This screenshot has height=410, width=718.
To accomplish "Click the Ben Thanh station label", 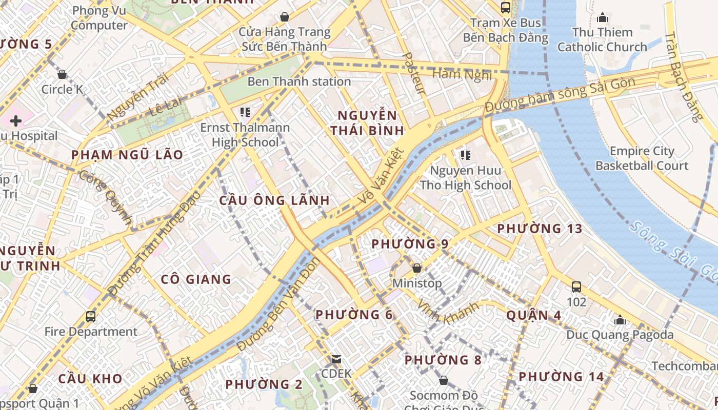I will pos(299,81).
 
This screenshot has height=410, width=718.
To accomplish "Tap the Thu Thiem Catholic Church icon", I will pos(603,18).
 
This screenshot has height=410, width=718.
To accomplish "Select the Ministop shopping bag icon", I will pos(417,268).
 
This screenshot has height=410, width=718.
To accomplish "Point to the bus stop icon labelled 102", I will pos(576,287).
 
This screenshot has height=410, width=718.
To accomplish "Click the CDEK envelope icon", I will pos(336,359).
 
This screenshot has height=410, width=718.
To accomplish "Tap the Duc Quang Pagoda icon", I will pos(620,321).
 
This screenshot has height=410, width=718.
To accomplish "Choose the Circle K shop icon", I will pos(62,75).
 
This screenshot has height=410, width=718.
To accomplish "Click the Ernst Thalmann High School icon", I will pos(245,112).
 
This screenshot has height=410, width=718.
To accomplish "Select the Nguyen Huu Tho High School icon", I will pos(466,155).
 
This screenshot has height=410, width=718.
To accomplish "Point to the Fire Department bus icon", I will pos(91,317).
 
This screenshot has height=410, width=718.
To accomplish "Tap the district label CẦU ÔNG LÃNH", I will pos(274,200).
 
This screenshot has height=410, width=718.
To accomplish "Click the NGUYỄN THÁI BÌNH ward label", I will pos(367,122).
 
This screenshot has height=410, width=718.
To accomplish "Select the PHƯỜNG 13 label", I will pos(540,229).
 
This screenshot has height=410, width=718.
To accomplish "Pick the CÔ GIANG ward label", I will pos(196,279).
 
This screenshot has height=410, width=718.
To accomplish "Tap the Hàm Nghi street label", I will pos(462,75).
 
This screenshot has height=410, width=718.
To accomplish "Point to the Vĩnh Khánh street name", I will pos(447,311).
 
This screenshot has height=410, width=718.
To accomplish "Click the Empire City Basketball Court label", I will pos(642,158).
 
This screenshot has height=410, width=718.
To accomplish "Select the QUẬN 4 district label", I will pos(533,315).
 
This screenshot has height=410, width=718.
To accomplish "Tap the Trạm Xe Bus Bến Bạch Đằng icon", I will pos(506,8).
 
